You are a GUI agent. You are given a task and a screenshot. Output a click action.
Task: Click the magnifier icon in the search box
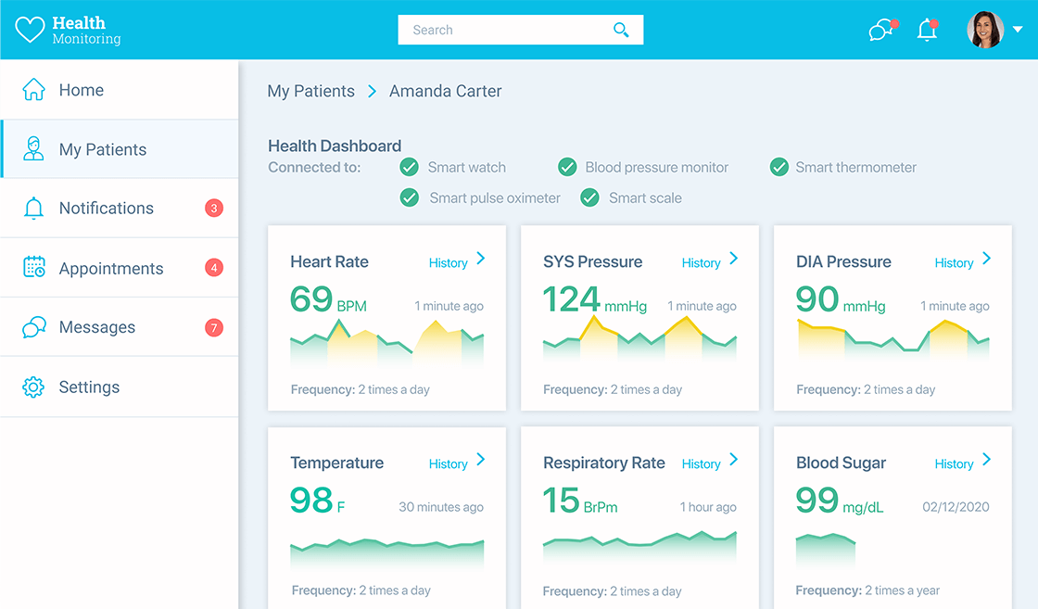(621, 30)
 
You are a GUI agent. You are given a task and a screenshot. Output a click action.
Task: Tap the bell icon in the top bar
(927, 31)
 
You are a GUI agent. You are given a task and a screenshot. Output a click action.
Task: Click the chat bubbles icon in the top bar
(881, 31)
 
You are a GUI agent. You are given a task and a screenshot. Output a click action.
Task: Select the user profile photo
(985, 30)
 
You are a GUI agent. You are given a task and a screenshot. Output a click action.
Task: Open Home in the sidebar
(81, 90)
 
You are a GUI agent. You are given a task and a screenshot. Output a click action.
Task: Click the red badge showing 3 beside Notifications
(214, 209)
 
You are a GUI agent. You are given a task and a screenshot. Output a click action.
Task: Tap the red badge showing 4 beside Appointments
(214, 269)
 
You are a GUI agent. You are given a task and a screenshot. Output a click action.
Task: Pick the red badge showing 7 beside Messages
(214, 327)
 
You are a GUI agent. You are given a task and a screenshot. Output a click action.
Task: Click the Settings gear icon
(33, 387)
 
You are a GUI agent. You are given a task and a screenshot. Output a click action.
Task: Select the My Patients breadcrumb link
(310, 91)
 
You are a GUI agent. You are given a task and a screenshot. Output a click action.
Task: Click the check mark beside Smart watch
(409, 167)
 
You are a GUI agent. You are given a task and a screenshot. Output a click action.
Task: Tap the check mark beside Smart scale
(589, 197)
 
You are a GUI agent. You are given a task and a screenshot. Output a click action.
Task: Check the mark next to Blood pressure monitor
(567, 167)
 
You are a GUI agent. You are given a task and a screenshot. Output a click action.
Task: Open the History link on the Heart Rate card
(449, 263)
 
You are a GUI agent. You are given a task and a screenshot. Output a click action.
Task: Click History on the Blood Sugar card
(955, 464)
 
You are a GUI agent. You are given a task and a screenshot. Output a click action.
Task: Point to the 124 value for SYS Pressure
(571, 299)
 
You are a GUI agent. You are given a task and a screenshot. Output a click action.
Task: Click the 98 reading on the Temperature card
(311, 501)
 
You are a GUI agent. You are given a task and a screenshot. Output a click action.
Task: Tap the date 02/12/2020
(956, 507)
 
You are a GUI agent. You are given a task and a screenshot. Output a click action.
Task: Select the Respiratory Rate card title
(604, 463)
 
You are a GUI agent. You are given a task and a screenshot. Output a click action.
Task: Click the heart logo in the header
(30, 30)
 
